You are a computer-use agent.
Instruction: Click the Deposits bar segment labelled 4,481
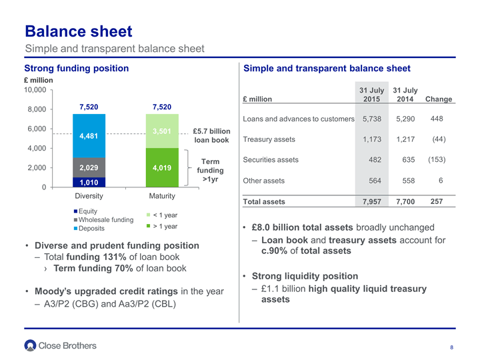click(89, 136)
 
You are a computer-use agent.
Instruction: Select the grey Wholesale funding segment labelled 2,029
click(89, 168)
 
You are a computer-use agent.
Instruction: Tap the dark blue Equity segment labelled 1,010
click(89, 183)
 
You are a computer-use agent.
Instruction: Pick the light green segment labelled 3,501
click(162, 131)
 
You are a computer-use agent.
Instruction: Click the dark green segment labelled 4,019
click(162, 168)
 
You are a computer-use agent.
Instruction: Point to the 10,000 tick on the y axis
click(35, 90)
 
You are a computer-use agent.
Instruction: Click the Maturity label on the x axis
click(162, 196)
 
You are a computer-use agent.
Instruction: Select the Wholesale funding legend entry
click(104, 220)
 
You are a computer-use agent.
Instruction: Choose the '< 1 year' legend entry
click(162, 215)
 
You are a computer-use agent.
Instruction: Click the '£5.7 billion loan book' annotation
click(211, 135)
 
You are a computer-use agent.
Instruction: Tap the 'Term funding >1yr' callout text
click(210, 170)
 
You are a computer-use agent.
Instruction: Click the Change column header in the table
click(439, 99)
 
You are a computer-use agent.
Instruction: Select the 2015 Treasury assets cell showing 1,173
click(372, 139)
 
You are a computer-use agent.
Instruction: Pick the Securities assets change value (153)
click(437, 159)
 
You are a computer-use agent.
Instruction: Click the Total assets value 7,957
click(372, 201)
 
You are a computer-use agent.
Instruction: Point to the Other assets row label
click(263, 181)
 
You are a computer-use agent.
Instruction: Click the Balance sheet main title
click(79, 31)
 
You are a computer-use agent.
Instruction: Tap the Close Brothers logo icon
click(30, 345)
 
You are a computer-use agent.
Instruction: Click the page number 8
click(451, 347)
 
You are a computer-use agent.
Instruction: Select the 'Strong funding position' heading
click(77, 68)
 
